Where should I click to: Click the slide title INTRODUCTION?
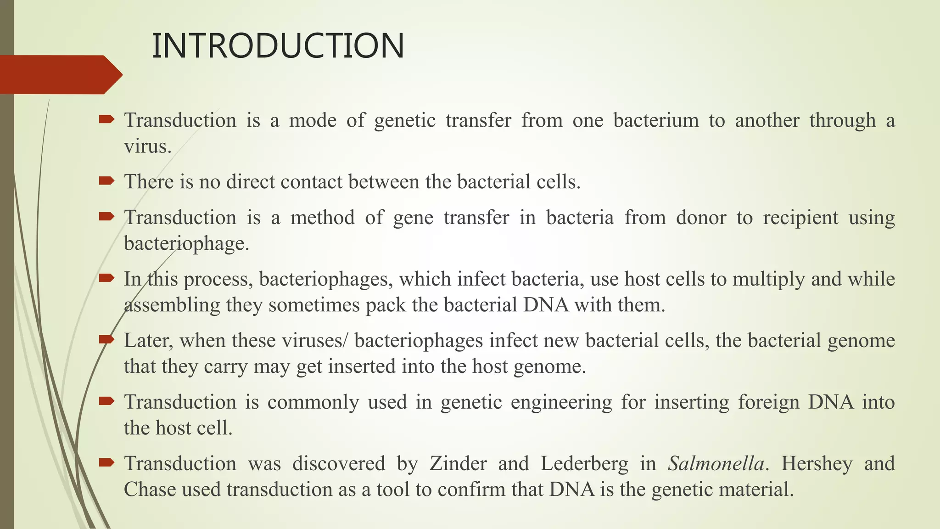click(x=278, y=46)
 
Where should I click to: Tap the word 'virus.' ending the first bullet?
click(x=147, y=146)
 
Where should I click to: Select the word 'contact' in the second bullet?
click(x=312, y=182)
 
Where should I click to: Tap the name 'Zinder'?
click(x=458, y=463)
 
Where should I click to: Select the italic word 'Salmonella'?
click(x=716, y=463)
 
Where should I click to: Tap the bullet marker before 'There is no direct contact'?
click(x=106, y=181)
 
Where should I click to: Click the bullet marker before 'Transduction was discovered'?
click(x=106, y=462)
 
